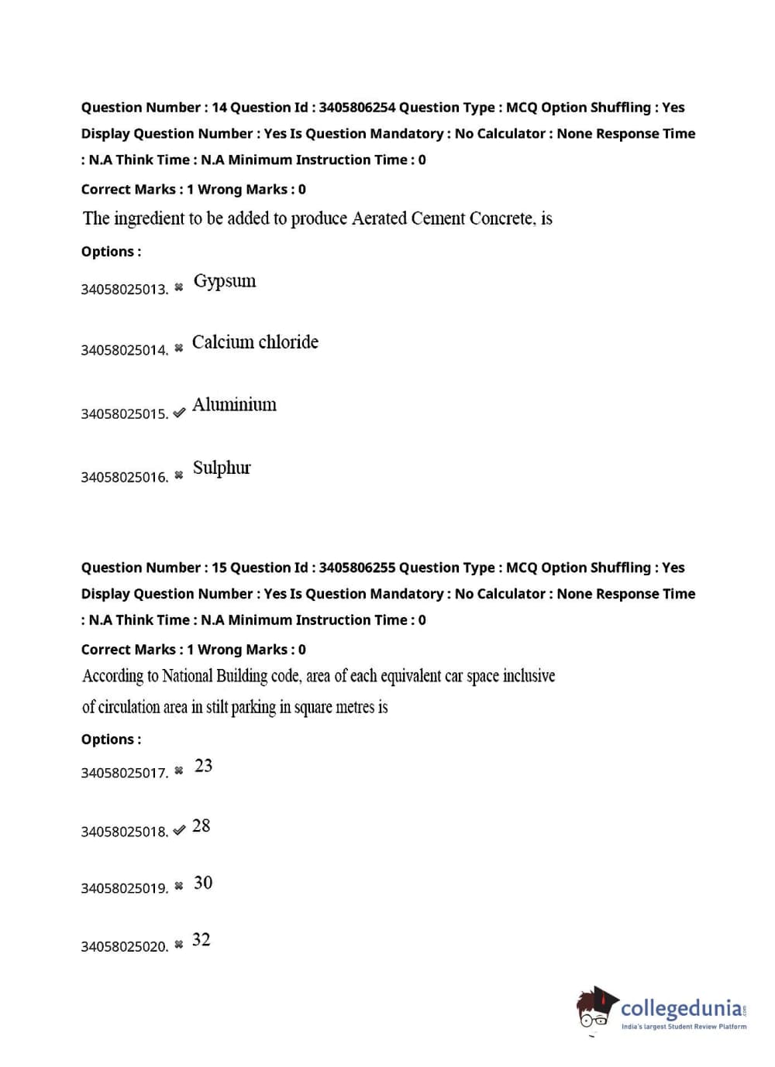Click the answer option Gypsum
click(x=225, y=281)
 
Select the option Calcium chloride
click(x=255, y=342)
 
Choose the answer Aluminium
click(x=234, y=405)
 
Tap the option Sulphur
click(x=222, y=468)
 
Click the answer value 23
click(x=204, y=766)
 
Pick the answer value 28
click(x=201, y=826)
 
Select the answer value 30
click(x=203, y=883)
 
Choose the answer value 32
click(x=201, y=940)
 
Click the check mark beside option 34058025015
click(x=179, y=413)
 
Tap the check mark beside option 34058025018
click(x=179, y=831)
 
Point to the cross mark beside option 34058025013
click(x=179, y=287)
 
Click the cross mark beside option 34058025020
click(x=179, y=945)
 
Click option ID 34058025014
click(x=124, y=350)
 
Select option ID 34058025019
click(x=124, y=888)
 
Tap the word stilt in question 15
click(x=217, y=707)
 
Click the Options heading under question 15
click(x=111, y=739)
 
